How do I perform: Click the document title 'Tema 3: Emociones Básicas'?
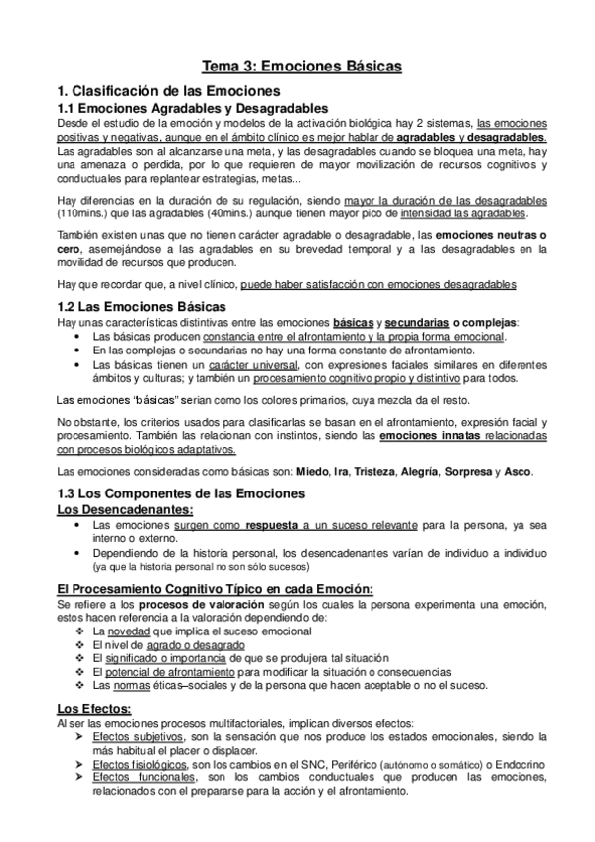[x=302, y=67]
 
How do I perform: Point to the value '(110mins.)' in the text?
[x=84, y=213]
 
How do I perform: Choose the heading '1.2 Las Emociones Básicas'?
[x=141, y=306]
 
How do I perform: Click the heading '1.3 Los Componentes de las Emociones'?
[x=182, y=493]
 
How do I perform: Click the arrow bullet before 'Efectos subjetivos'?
[x=80, y=738]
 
